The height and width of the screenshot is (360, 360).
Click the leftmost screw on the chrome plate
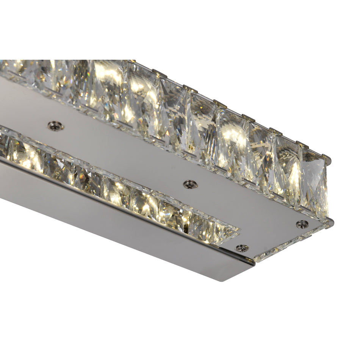point(55,126)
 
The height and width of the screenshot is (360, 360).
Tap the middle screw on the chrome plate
point(190,184)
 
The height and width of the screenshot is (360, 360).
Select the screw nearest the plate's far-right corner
point(302,224)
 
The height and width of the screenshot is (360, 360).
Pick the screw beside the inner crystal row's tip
point(242,248)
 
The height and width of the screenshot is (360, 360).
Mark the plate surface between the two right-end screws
point(273,235)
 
